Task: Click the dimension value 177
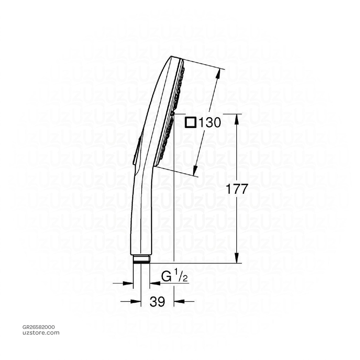(x=237, y=189)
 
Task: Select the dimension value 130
(x=210, y=123)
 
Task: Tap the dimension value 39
(x=157, y=301)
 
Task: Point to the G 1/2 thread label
(x=174, y=277)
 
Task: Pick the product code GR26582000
(x=38, y=327)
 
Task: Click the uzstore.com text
(x=41, y=333)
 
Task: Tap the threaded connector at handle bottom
(x=141, y=259)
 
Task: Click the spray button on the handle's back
(x=136, y=151)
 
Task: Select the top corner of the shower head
(x=172, y=57)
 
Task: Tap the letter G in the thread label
(x=166, y=277)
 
